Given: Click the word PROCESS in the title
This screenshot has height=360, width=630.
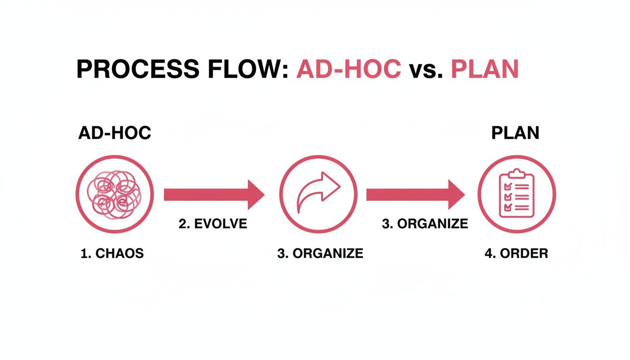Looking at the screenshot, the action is (x=138, y=69).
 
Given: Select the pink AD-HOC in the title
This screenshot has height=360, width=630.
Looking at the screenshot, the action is (x=349, y=69).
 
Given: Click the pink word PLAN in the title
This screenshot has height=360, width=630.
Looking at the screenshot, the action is (x=485, y=69).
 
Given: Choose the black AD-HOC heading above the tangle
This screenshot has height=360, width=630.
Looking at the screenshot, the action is (x=115, y=133).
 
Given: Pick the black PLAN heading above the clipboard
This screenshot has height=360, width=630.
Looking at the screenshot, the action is (x=515, y=133).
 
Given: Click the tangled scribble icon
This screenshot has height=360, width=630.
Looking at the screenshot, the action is (x=114, y=195).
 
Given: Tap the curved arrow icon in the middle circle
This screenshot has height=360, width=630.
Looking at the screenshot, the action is (x=319, y=192).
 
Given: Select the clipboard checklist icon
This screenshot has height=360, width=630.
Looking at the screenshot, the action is (x=517, y=193).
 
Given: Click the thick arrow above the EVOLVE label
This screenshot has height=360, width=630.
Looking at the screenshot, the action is (x=214, y=195).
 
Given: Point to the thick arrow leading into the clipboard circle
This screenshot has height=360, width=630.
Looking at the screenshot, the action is (x=416, y=195).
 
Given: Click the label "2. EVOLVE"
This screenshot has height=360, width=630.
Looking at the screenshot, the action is (x=213, y=224).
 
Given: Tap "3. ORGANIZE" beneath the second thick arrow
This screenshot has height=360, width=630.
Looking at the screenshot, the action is (x=425, y=224).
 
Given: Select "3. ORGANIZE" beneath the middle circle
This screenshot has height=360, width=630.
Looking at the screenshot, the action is (x=320, y=254).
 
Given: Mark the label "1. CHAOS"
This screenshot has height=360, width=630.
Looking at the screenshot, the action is (x=112, y=254).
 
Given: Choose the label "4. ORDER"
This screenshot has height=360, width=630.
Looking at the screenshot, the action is (x=517, y=254).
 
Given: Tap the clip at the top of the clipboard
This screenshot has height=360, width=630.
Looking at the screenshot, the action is (x=517, y=173).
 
